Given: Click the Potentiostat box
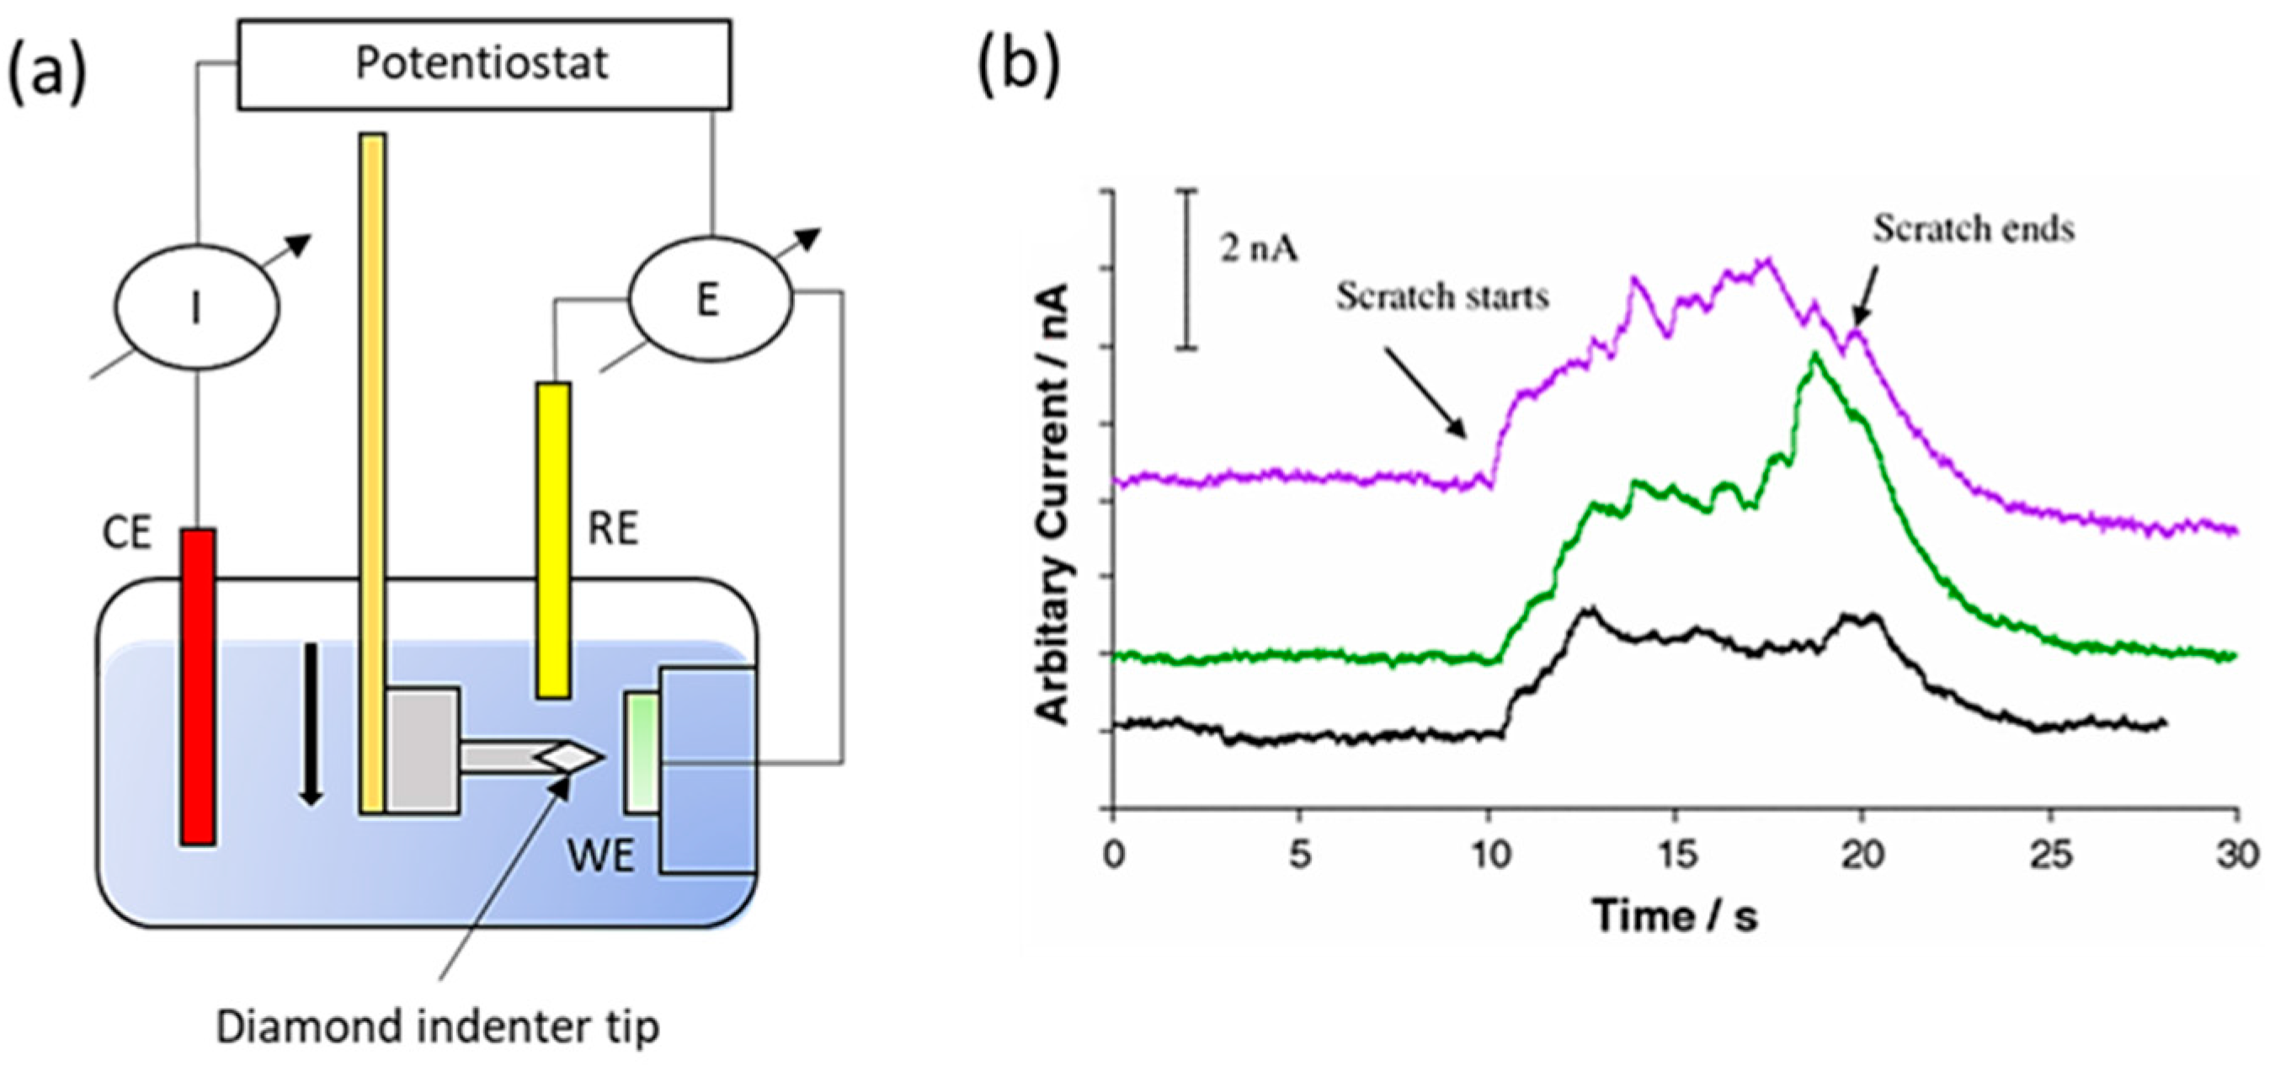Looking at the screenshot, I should (x=484, y=65).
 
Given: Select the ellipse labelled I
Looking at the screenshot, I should (x=197, y=307).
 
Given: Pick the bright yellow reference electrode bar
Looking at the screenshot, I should (x=554, y=540).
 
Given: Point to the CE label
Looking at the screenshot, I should (x=127, y=534).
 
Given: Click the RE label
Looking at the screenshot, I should (x=613, y=529).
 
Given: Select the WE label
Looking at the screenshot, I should (x=601, y=855).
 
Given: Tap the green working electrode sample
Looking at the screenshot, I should (x=642, y=753).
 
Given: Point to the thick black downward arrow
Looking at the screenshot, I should (x=310, y=724).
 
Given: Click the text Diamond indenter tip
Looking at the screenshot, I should (x=438, y=1027).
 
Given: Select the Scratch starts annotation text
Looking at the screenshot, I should (x=1442, y=296).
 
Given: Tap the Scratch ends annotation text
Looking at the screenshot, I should (x=1974, y=229).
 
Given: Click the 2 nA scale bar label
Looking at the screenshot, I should (x=1260, y=250).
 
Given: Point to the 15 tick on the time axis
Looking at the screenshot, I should (x=1676, y=855).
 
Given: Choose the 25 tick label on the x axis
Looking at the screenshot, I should (x=2051, y=855).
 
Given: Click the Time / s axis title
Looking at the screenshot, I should (x=1675, y=915).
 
